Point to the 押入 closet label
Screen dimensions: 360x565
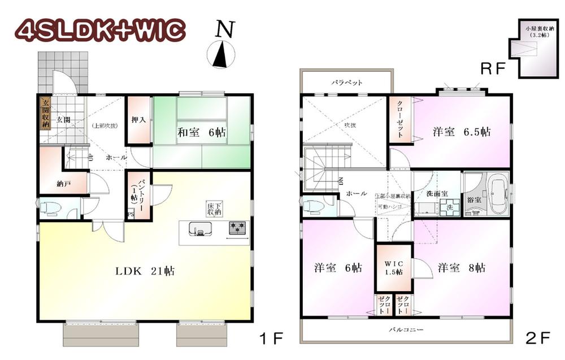pyautogui.click(x=138, y=120)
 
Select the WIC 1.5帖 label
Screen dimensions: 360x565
pyautogui.click(x=394, y=267)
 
